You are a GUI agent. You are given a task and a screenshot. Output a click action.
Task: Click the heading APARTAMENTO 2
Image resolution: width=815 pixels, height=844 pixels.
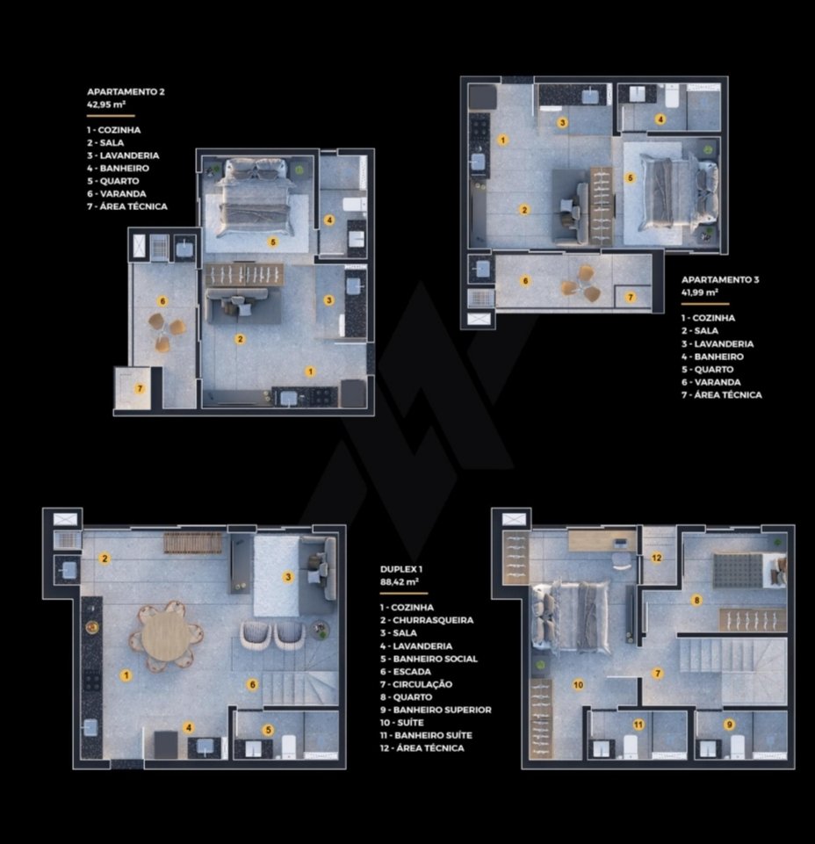point(126,91)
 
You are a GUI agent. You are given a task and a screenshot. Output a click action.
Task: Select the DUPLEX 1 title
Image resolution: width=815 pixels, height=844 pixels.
point(401,569)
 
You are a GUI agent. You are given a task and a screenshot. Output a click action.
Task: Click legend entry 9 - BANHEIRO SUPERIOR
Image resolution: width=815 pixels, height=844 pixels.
point(436,710)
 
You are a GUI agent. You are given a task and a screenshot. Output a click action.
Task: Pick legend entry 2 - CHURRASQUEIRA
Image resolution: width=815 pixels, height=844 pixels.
point(427,620)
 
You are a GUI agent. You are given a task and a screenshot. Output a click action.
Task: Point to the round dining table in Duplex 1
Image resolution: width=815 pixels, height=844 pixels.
point(166,636)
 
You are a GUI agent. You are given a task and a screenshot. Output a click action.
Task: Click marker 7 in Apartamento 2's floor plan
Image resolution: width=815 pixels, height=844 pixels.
point(140,388)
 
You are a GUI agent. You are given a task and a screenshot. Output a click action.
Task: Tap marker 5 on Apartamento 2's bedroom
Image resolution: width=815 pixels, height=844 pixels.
point(273,242)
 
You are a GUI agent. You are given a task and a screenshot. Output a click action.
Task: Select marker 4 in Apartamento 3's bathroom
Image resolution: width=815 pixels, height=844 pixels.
point(660,119)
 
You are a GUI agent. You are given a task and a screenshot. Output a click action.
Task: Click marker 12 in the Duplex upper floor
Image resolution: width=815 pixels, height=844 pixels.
point(657,558)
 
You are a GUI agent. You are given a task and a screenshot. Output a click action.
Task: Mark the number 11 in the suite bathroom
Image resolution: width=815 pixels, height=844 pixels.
point(638,725)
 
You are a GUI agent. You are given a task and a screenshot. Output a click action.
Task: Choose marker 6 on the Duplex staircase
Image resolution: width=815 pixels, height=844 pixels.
point(252,685)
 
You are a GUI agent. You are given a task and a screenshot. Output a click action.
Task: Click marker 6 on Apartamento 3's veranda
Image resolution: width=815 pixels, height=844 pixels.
point(525,280)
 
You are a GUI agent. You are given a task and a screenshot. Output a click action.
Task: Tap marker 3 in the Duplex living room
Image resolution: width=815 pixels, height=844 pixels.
point(288,577)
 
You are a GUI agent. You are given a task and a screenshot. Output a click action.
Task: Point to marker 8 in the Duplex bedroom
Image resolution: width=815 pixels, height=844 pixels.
point(696,600)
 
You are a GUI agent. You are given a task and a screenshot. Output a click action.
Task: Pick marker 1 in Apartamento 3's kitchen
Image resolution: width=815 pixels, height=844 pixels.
point(502,140)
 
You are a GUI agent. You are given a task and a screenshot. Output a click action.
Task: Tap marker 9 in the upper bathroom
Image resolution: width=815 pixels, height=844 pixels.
point(730,725)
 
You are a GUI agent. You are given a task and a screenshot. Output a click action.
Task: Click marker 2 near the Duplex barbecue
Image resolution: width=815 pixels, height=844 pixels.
point(105,559)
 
